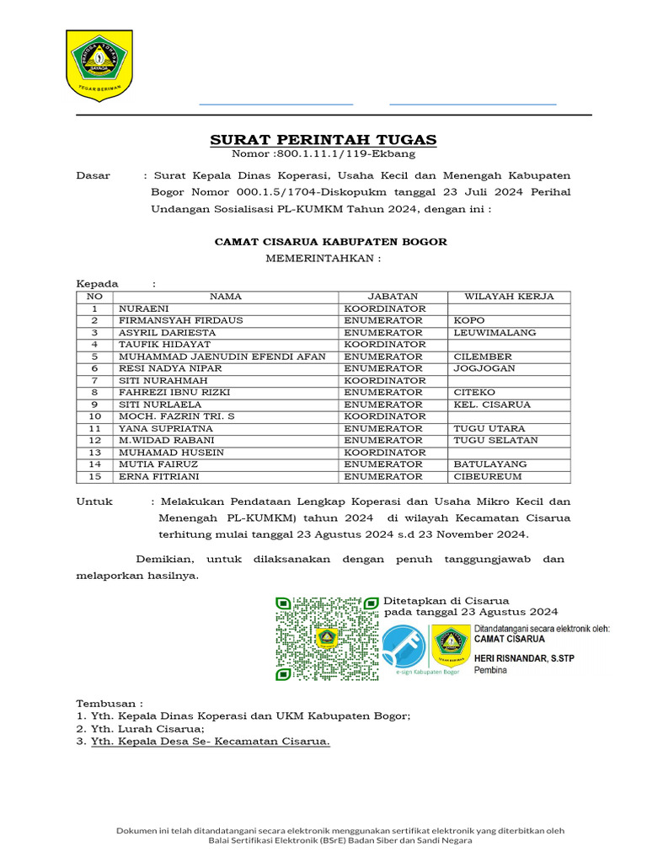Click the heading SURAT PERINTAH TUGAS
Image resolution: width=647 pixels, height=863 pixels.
(323, 140)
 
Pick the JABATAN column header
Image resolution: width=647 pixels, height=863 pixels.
(392, 297)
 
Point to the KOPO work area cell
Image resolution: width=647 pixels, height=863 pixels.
(468, 320)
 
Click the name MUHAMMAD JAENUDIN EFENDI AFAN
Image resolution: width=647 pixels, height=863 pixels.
(222, 356)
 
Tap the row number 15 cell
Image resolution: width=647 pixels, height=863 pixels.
(95, 477)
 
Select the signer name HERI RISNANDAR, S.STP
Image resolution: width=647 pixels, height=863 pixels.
(524, 657)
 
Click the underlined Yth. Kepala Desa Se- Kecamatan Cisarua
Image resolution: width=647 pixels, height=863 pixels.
(211, 741)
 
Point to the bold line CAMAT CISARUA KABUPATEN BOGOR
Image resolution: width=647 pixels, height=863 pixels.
(330, 242)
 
